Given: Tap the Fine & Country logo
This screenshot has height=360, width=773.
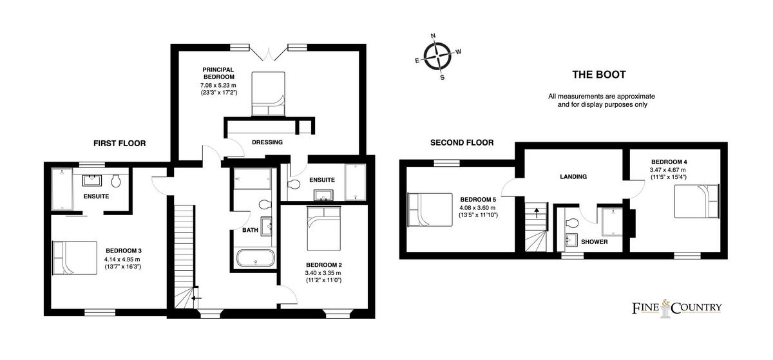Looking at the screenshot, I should [x=676, y=308].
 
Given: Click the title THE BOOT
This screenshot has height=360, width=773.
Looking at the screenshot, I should [x=598, y=75].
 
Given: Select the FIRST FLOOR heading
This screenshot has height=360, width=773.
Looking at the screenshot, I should [x=119, y=143].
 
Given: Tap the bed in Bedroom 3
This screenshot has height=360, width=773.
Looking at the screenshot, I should [x=74, y=258].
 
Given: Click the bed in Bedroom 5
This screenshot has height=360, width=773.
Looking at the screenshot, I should [x=428, y=210].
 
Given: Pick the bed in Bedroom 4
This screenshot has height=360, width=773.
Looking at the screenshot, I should [x=696, y=202].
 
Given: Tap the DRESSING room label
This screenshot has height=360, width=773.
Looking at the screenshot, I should [x=267, y=142].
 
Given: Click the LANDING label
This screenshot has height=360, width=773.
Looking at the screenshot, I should [x=573, y=177].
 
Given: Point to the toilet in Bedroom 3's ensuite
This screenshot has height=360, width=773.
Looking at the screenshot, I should [x=117, y=180].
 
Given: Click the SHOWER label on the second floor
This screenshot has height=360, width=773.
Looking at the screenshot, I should [x=595, y=242].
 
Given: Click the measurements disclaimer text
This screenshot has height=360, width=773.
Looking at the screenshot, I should [x=601, y=100].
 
